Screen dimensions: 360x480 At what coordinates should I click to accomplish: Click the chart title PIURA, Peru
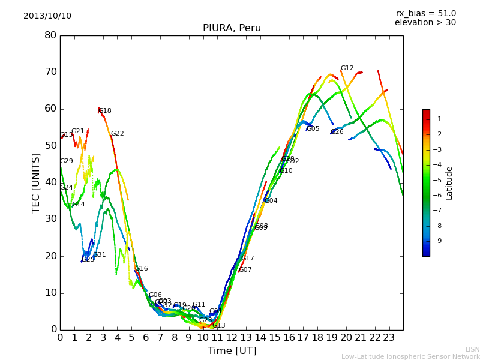(232, 28)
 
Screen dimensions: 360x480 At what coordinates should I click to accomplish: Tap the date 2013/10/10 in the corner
(47, 16)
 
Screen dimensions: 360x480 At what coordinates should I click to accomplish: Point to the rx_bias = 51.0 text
(425, 13)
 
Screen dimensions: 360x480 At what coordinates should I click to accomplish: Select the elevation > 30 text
(425, 23)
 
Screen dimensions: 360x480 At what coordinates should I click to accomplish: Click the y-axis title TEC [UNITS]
(36, 182)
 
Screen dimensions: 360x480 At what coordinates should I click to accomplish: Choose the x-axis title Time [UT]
(232, 351)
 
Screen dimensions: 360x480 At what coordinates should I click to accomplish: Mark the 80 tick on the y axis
(50, 35)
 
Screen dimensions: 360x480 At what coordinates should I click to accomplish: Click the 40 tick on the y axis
(50, 182)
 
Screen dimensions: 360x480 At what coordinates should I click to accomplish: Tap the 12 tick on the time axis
(232, 337)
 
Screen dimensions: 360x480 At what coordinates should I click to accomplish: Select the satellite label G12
(347, 68)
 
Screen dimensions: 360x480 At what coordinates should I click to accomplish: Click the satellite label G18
(105, 111)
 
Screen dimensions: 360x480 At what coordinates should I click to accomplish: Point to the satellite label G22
(118, 134)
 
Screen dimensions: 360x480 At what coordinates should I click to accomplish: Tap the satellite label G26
(337, 132)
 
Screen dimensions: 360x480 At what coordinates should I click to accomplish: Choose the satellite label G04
(271, 201)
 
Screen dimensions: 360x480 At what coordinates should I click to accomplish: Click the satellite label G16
(142, 269)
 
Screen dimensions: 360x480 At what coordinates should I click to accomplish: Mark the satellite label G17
(248, 259)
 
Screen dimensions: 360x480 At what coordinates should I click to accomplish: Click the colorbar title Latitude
(449, 183)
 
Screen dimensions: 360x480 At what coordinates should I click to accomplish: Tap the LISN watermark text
(472, 349)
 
